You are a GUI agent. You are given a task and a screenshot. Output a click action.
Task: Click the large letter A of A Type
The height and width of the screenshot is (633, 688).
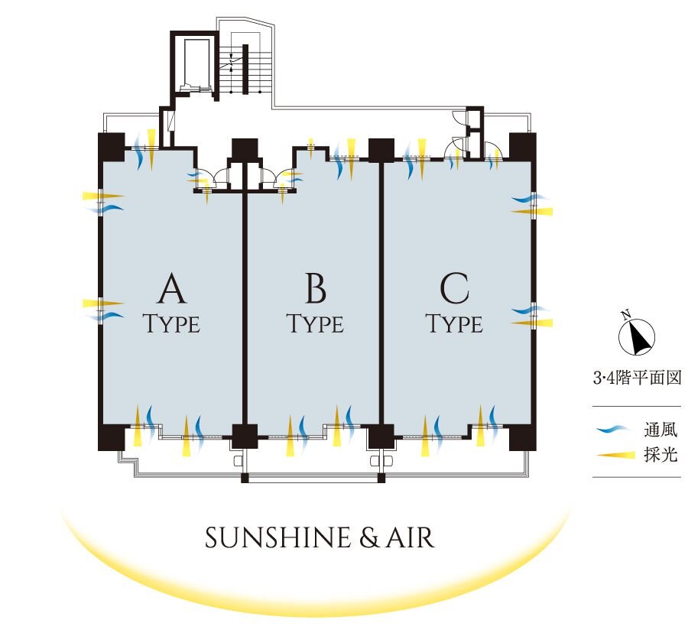172,291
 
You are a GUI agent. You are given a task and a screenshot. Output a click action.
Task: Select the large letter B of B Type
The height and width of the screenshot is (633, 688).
315,291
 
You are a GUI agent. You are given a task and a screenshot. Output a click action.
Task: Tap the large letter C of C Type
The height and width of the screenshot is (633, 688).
454,291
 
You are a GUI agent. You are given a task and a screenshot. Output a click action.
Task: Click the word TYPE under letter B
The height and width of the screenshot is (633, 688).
315,324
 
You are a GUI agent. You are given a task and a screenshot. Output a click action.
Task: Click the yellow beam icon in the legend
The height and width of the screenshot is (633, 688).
616,456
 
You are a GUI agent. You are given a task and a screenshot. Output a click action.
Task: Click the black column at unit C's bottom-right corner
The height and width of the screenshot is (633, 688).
523,437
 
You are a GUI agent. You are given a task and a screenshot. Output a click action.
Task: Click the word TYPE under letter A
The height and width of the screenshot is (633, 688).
172,324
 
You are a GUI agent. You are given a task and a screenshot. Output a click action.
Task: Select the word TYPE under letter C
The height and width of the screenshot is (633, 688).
454,324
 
